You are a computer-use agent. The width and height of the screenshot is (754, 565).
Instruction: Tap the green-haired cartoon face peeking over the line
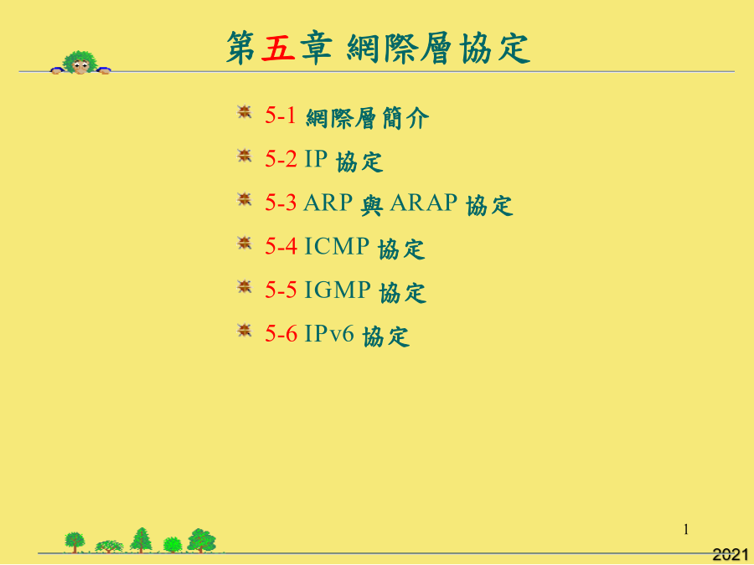click(80, 63)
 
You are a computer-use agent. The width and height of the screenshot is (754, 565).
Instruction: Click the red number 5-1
click(281, 116)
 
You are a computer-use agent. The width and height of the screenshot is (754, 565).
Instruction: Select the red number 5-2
click(281, 159)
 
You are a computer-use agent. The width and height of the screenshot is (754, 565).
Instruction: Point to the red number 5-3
click(281, 203)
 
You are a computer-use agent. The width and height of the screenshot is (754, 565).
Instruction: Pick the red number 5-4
click(281, 246)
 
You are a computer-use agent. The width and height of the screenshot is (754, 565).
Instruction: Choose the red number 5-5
click(281, 290)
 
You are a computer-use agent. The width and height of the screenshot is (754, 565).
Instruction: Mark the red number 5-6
click(281, 333)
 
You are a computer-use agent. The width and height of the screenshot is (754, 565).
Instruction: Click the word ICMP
click(337, 246)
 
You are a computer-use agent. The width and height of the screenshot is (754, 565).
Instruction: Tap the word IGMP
click(338, 290)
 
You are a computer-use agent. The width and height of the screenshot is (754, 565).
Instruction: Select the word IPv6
click(329, 333)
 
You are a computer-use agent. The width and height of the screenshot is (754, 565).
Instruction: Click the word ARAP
click(423, 203)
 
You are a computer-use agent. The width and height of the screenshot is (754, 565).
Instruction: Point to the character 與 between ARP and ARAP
click(371, 205)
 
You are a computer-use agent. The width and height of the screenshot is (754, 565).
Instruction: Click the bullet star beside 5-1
click(245, 112)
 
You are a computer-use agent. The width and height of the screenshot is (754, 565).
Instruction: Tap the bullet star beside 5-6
click(245, 331)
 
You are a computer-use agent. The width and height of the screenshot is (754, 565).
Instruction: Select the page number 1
click(685, 530)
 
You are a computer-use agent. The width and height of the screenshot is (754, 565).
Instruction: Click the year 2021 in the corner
click(730, 554)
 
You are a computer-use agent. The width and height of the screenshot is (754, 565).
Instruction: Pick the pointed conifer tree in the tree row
click(141, 540)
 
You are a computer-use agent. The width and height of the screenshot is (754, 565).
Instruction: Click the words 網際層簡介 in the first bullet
click(367, 118)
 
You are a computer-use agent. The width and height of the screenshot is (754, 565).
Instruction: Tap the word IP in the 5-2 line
click(316, 159)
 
